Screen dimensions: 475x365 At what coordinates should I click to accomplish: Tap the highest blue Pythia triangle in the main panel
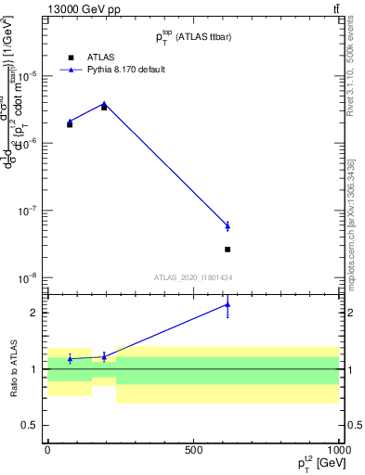point(104,104)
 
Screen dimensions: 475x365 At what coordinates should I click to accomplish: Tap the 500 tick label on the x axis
point(193,450)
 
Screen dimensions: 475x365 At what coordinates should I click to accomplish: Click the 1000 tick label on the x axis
point(338,450)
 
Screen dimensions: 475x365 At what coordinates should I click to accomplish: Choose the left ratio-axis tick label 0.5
point(33,425)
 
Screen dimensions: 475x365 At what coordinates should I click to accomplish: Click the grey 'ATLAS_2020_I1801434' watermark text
point(193,277)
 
